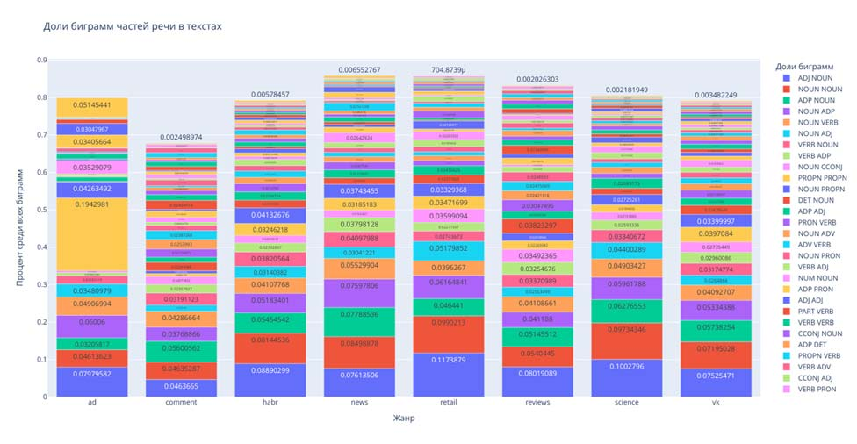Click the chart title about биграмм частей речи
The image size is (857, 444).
(x=133, y=27)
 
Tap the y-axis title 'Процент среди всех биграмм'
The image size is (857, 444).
(x=20, y=227)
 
